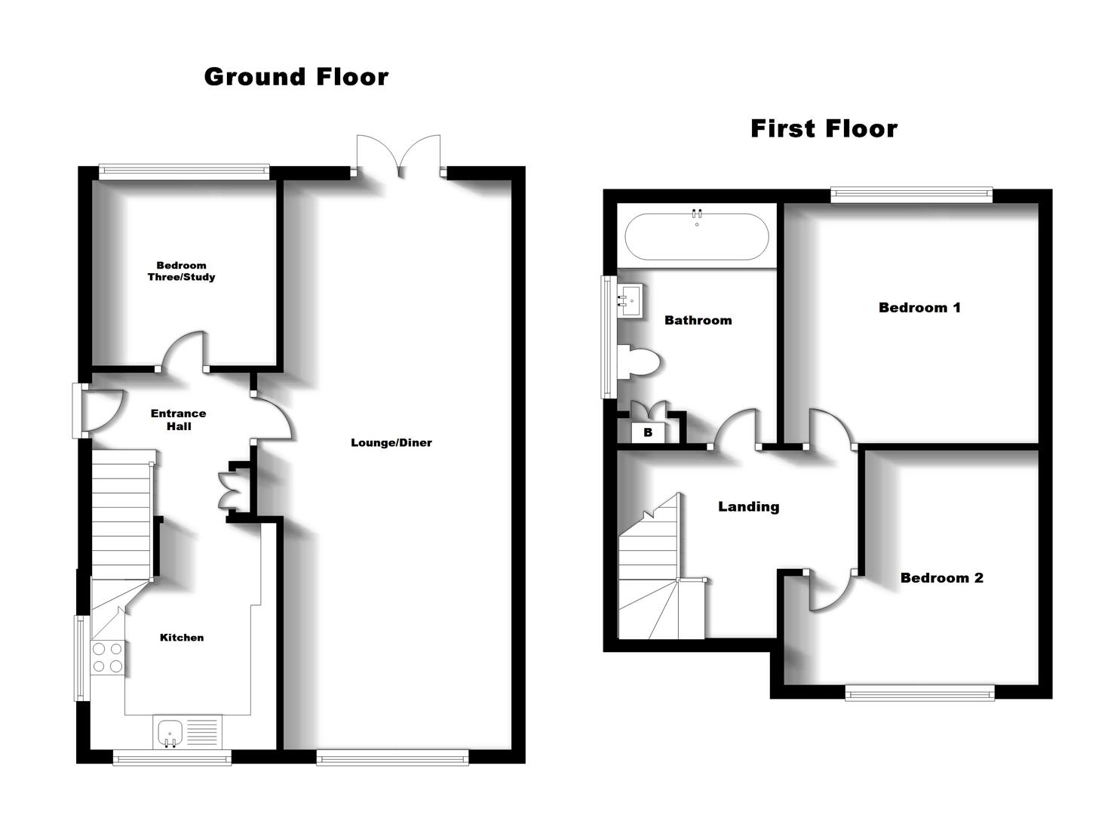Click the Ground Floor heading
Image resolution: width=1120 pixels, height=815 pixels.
pos(296,76)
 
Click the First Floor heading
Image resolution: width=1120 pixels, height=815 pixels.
pos(824,128)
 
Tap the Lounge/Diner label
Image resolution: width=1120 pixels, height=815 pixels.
pos(391,443)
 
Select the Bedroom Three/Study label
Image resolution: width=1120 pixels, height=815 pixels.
pos(181,271)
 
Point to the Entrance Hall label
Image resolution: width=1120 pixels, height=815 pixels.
pos(178,420)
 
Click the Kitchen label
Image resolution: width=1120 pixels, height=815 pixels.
pos(182,638)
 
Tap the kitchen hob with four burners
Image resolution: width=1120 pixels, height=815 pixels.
pos(107,657)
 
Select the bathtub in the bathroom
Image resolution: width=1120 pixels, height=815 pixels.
pos(697,236)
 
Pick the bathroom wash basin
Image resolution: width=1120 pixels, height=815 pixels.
pos(630,301)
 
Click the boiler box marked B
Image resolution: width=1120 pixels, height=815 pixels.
pos(648,432)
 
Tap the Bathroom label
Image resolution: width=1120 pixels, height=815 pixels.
pos(698,320)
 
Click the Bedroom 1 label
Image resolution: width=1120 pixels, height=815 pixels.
pos(919,307)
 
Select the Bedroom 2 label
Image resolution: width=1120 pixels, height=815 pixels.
pos(941,578)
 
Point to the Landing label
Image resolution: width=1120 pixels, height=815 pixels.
pos(748,506)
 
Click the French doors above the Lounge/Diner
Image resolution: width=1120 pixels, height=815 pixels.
pos(398,157)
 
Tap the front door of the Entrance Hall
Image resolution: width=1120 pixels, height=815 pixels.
pos(98,411)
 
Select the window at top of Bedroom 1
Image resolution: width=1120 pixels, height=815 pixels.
pos(911,195)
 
